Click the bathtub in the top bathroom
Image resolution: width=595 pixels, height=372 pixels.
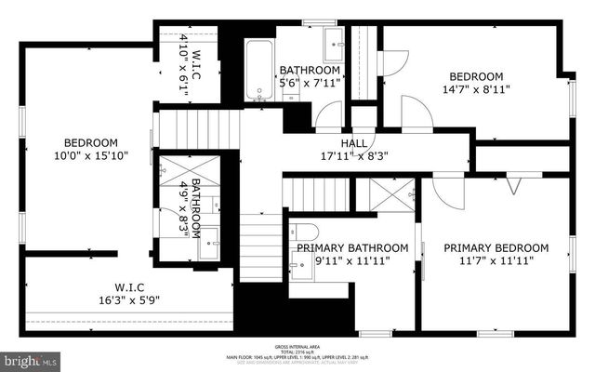[x=258, y=70]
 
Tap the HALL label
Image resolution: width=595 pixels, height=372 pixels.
[x=353, y=142]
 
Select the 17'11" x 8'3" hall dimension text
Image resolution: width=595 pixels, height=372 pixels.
[x=353, y=156]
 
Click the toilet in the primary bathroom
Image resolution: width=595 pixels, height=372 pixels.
[x=305, y=232]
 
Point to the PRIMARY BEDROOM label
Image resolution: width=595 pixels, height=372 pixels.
[x=496, y=247]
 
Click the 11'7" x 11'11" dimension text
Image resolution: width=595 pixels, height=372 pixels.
[x=496, y=261]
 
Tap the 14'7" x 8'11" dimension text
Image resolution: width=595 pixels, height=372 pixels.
[x=476, y=90]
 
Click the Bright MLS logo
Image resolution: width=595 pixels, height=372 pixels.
[x=30, y=359]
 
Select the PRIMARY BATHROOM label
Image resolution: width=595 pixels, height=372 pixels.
[x=352, y=247]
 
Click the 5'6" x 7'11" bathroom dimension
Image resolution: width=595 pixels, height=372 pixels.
[x=311, y=83]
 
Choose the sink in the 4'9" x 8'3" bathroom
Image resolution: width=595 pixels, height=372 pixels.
[x=211, y=235]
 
